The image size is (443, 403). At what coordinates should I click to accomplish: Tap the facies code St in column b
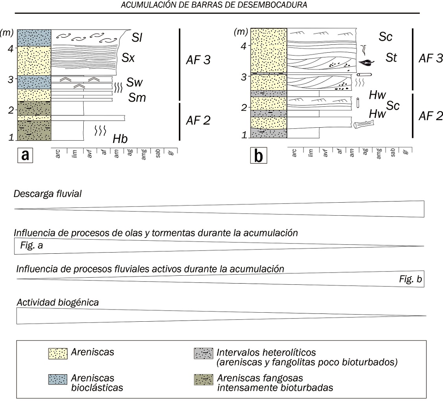pyautogui.click(x=392, y=58)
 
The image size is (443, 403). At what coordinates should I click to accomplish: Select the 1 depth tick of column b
pyautogui.click(x=245, y=135)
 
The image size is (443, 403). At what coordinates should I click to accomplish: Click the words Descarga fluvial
pyautogui.click(x=47, y=194)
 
